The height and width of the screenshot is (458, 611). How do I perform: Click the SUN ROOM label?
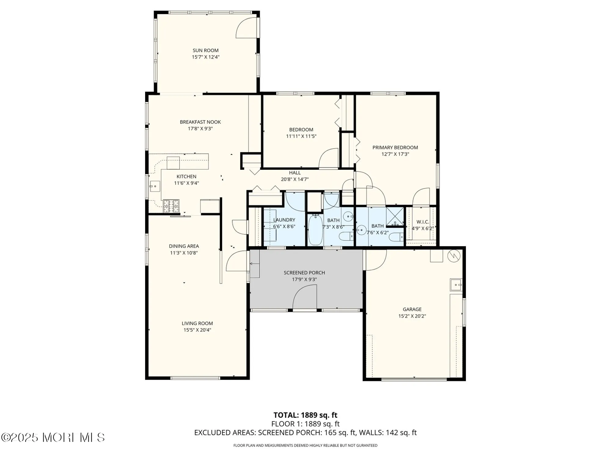tap(205, 50)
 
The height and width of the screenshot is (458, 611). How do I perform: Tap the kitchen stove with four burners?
tap(171, 206)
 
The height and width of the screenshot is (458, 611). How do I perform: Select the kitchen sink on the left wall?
tap(155, 186)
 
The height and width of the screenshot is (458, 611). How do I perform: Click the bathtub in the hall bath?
tap(315, 230)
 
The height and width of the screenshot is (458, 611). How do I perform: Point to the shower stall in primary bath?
tap(395, 217)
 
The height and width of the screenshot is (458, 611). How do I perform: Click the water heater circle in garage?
tap(454, 256)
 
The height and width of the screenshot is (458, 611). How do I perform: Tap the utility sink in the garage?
tap(456, 285)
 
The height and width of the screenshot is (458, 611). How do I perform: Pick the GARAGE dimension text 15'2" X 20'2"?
tap(412, 316)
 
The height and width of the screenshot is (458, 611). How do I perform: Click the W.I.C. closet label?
tap(423, 222)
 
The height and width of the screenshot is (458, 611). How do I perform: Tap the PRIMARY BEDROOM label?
tap(395, 147)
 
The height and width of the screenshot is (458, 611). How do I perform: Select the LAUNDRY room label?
tap(284, 220)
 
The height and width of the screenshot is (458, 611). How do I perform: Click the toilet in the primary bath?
tap(398, 237)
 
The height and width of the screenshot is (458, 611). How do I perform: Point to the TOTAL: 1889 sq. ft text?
tap(305, 415)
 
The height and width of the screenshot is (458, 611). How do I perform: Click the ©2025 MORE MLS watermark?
tap(53, 438)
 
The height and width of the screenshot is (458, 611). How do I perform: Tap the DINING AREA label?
tap(184, 246)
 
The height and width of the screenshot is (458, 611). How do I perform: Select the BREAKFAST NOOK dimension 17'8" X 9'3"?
tap(200, 129)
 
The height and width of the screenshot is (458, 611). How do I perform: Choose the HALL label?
tap(295, 173)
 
